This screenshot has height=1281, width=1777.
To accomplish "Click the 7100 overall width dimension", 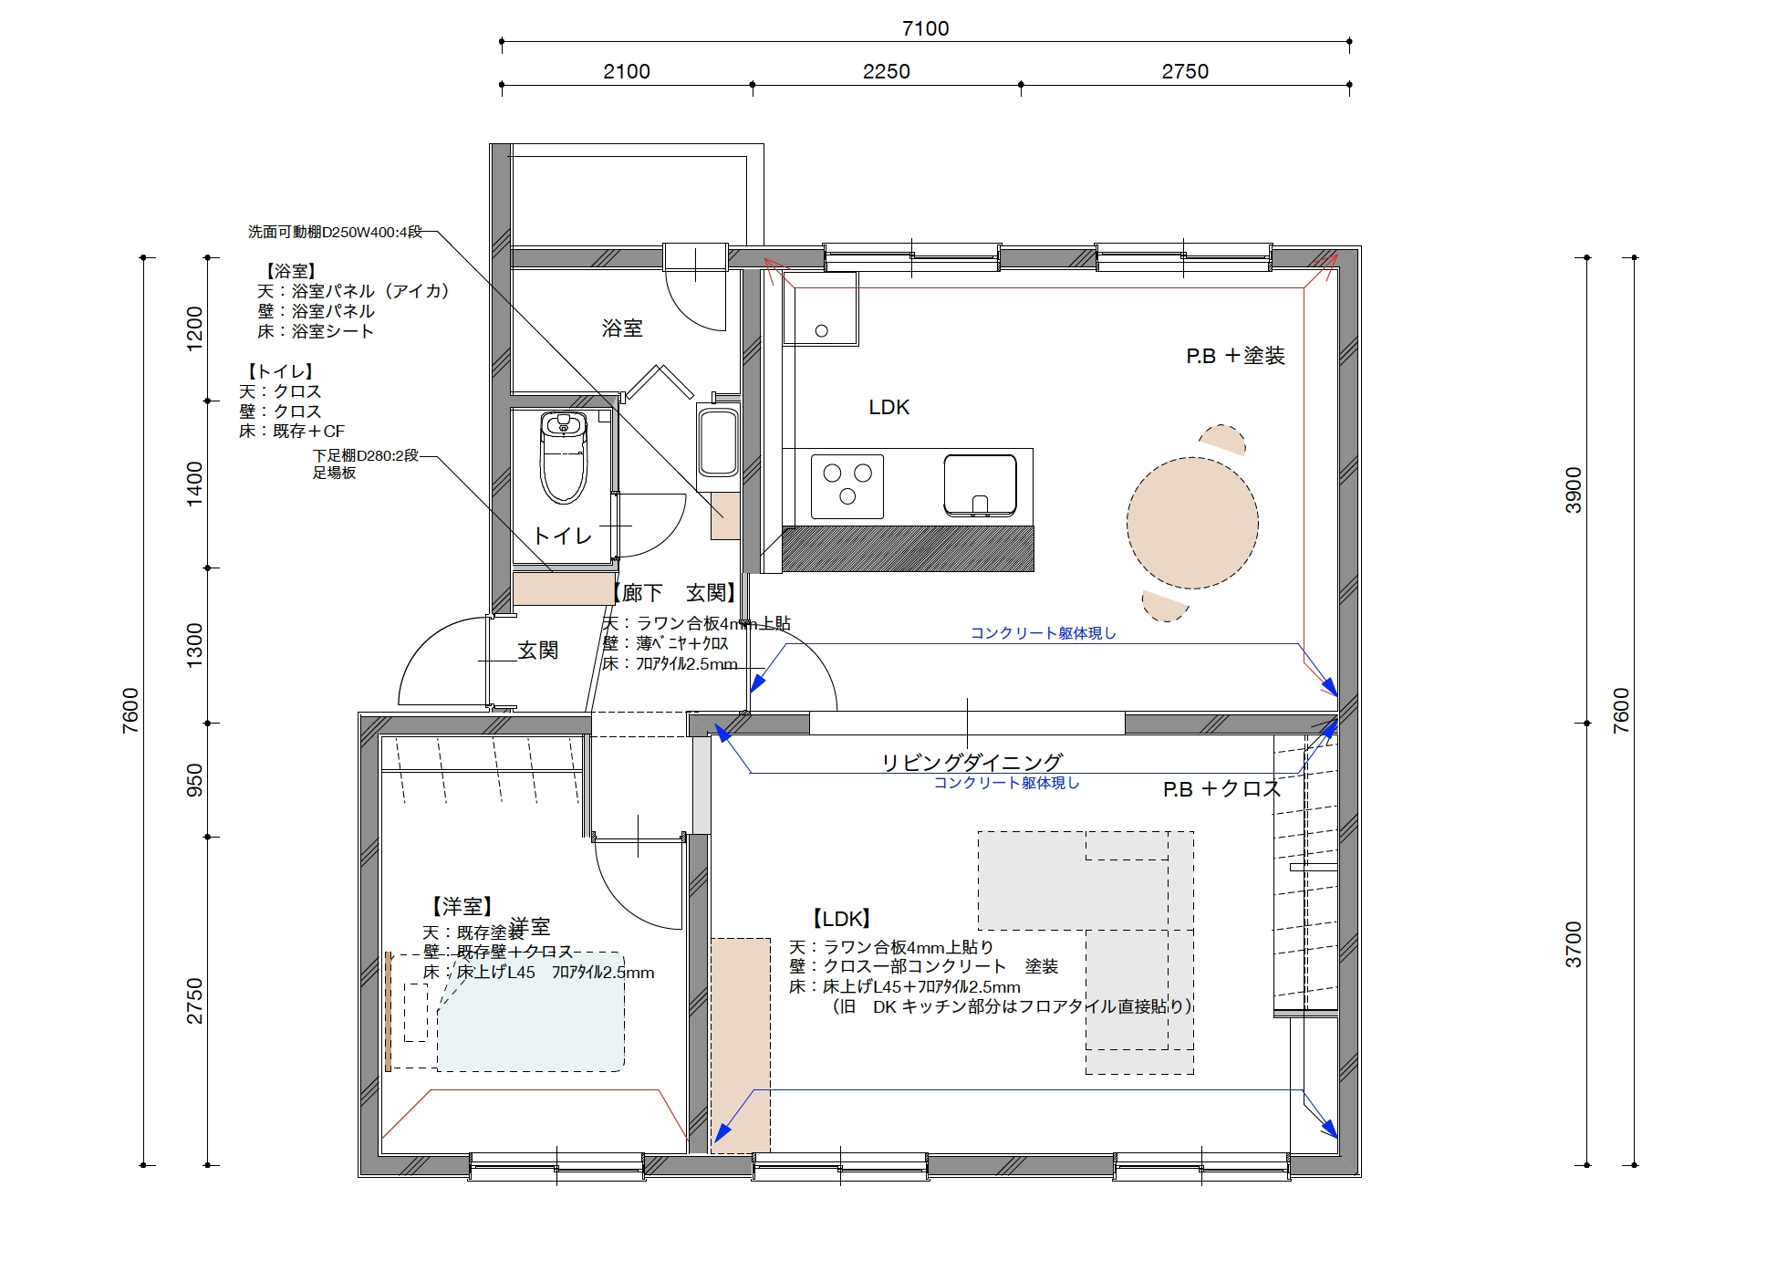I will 925,28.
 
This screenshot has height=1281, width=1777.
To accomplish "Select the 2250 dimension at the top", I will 886,71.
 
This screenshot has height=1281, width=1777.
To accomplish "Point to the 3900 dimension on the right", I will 1574,490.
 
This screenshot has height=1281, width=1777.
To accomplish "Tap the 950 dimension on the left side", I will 194,780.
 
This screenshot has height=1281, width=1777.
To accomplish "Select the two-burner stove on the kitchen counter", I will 847,485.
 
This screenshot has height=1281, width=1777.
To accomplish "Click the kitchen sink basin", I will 980,484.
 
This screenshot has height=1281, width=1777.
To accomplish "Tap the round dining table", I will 1192,523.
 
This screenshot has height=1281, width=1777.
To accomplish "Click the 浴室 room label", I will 622,328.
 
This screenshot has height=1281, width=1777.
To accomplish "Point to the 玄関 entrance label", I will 537,650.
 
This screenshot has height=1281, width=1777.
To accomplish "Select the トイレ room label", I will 562,536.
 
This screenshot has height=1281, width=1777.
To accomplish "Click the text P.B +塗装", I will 1235,356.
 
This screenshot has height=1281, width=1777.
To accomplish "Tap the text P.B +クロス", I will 1221,789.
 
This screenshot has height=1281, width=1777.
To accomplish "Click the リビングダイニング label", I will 972,762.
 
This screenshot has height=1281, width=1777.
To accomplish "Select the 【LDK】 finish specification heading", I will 841,919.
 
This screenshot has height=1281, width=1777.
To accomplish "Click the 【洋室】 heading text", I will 462,906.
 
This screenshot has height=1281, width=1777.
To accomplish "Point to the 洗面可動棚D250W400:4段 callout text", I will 335,232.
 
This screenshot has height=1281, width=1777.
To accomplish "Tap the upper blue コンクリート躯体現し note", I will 1043,632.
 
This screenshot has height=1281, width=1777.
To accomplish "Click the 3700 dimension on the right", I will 1574,944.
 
